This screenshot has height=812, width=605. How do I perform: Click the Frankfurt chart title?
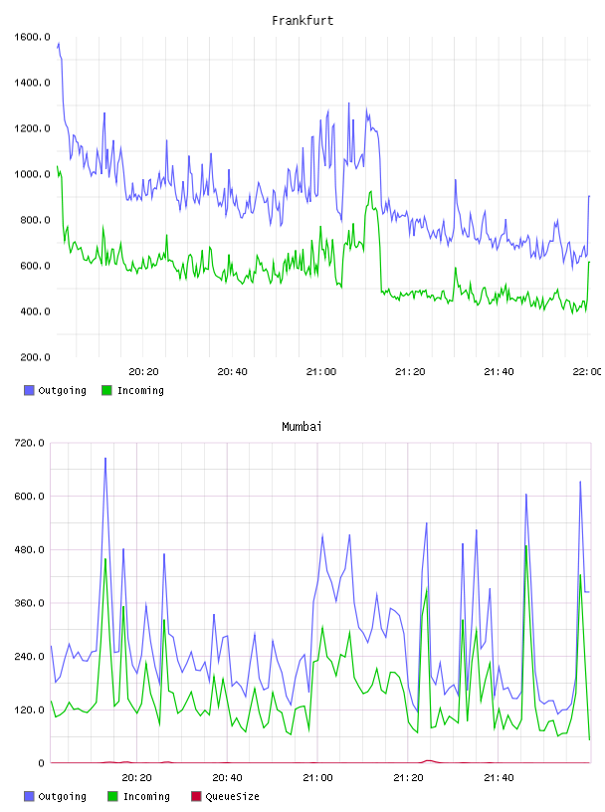click(x=302, y=20)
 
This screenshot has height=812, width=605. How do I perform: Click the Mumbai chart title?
click(x=302, y=426)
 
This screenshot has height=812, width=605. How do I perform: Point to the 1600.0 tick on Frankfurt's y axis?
click(x=32, y=37)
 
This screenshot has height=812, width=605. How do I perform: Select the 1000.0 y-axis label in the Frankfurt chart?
click(x=32, y=174)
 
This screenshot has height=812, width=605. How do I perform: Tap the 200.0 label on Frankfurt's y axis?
click(x=35, y=357)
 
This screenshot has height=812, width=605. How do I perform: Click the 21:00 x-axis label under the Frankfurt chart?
click(x=321, y=371)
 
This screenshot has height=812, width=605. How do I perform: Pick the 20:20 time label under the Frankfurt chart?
click(x=143, y=371)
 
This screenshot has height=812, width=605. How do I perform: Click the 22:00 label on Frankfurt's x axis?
click(x=587, y=371)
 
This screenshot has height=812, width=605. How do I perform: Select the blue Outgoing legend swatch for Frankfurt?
click(x=29, y=390)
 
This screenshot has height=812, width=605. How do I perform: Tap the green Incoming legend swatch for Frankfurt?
click(x=106, y=390)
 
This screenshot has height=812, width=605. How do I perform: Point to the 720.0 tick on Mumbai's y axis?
click(x=29, y=443)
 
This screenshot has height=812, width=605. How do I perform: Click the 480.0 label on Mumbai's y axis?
click(x=29, y=549)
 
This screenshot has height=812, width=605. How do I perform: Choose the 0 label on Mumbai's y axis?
click(x=41, y=763)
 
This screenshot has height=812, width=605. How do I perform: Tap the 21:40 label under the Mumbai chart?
click(x=499, y=777)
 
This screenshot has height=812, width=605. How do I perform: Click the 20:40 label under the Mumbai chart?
click(x=227, y=777)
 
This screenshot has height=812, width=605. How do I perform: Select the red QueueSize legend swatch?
click(x=196, y=796)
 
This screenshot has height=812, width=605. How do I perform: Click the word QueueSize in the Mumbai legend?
click(x=232, y=796)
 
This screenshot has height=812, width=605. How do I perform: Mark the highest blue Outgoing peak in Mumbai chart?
click(x=105, y=459)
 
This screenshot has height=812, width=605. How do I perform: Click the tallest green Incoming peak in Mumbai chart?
click(x=525, y=546)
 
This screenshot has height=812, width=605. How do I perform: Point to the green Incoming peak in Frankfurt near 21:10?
click(x=371, y=192)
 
